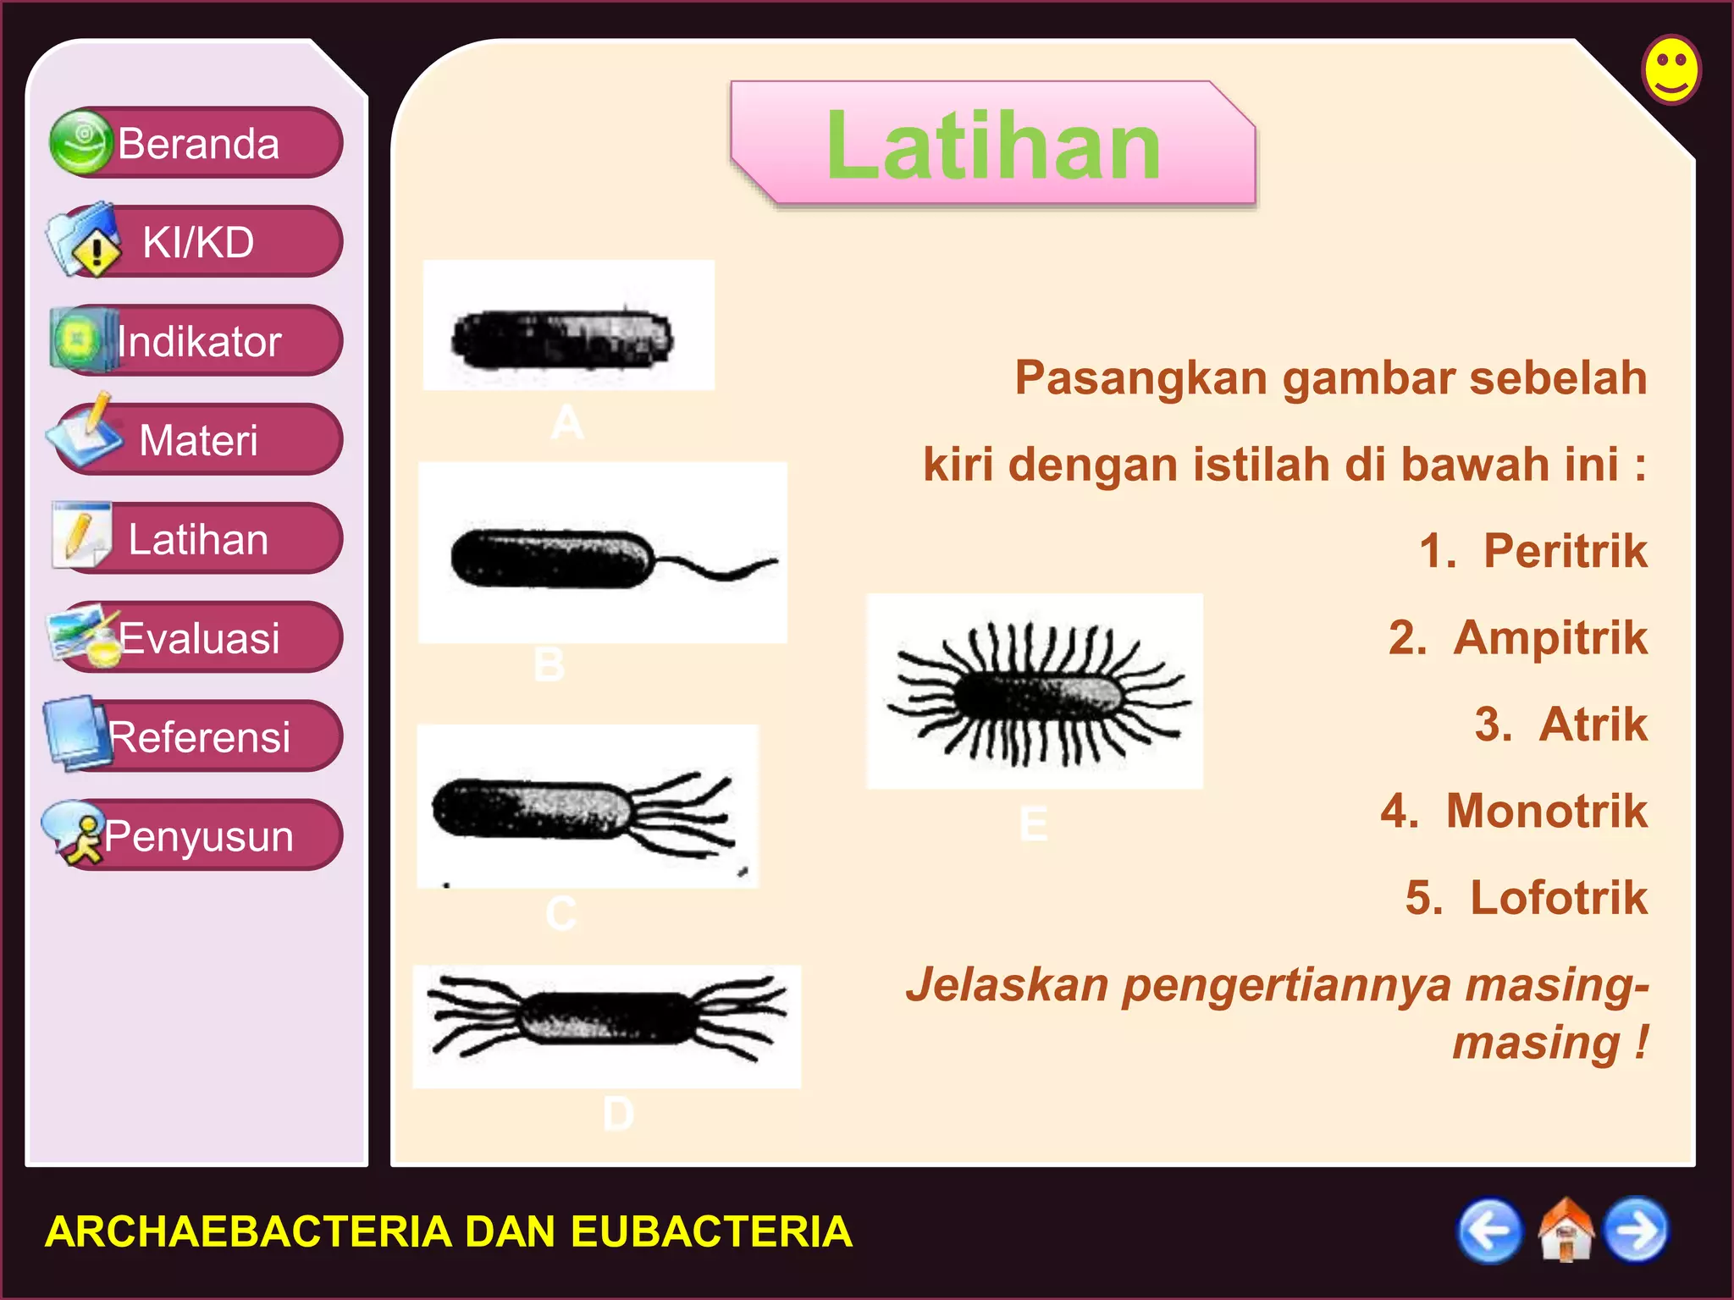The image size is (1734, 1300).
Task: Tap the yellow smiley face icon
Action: [1670, 69]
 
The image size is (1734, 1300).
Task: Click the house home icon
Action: [1566, 1231]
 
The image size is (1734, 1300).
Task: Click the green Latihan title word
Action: [993, 146]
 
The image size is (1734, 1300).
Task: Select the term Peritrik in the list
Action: [1565, 551]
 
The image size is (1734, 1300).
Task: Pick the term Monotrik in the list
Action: [1546, 811]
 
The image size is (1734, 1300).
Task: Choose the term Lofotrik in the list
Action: [1558, 897]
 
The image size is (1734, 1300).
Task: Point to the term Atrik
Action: [1593, 724]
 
